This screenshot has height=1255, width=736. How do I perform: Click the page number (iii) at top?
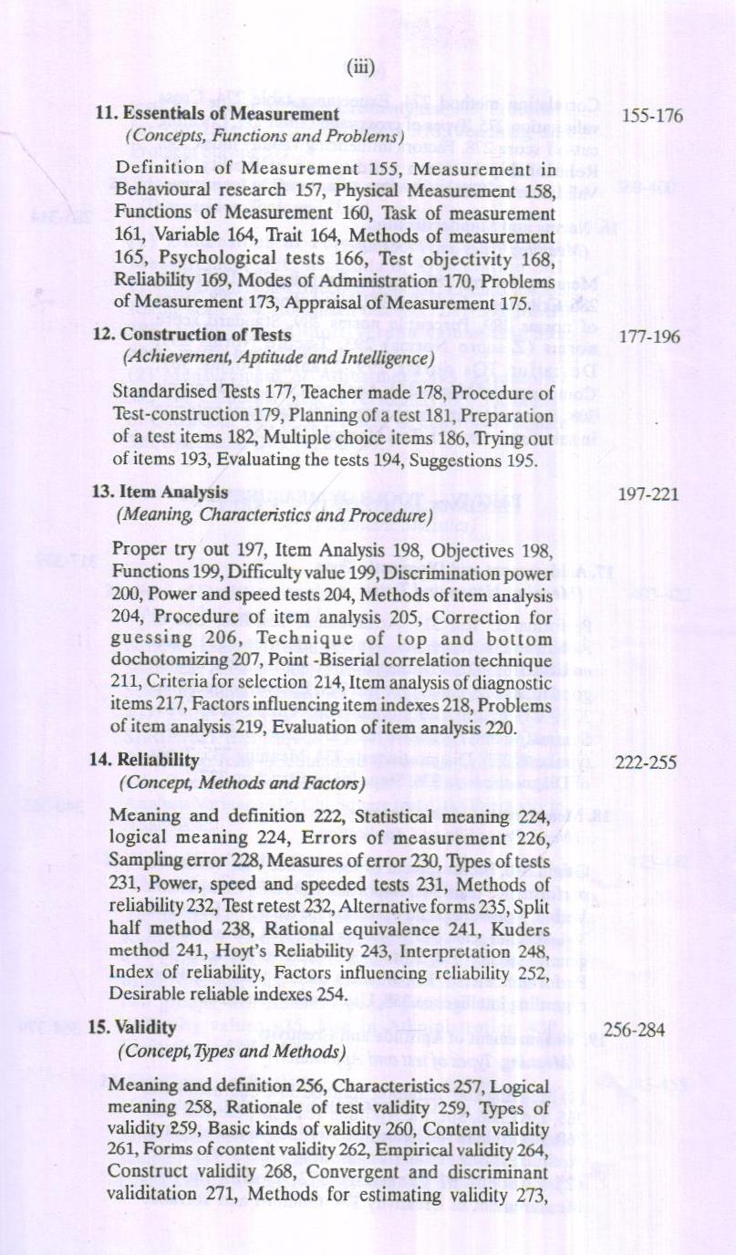click(x=361, y=67)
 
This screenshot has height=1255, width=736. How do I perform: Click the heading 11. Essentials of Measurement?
click(x=218, y=114)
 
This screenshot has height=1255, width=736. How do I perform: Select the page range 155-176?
click(x=651, y=116)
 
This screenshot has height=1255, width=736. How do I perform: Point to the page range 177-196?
click(x=649, y=337)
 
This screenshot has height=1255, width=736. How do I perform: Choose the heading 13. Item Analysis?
click(x=161, y=493)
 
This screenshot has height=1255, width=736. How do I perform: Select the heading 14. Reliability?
click(x=143, y=760)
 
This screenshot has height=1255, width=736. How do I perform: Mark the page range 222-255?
click(x=646, y=762)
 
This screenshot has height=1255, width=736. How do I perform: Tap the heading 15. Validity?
click(x=132, y=1027)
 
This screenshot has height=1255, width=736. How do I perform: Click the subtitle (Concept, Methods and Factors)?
click(x=242, y=783)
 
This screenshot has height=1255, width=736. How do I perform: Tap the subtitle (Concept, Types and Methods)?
click(x=232, y=1051)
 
